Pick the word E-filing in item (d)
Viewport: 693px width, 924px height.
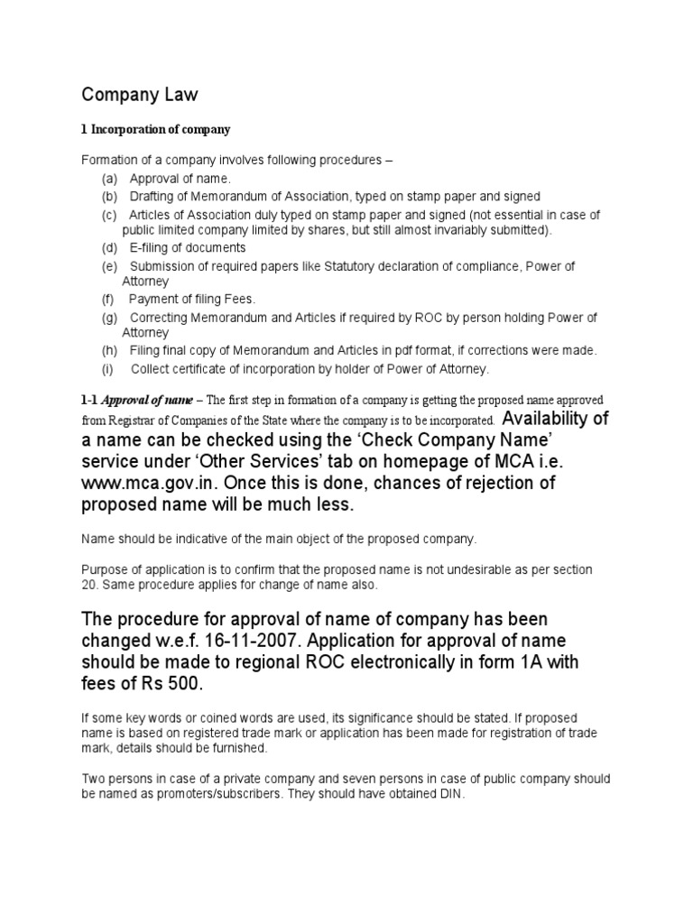(x=152, y=247)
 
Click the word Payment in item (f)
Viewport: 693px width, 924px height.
(x=152, y=299)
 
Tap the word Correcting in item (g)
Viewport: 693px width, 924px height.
(x=160, y=318)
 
